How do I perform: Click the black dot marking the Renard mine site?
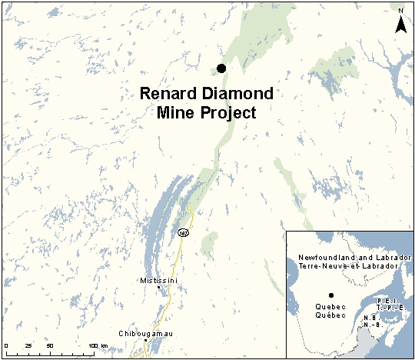[x=221, y=68]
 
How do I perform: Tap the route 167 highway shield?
[x=182, y=232]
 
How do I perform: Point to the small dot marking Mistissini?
[x=160, y=288]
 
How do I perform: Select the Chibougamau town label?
[x=144, y=333]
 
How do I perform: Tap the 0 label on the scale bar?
[x=6, y=346]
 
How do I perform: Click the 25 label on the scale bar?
[x=28, y=346]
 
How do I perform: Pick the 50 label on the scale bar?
[x=50, y=346]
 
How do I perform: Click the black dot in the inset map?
[x=330, y=295]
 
